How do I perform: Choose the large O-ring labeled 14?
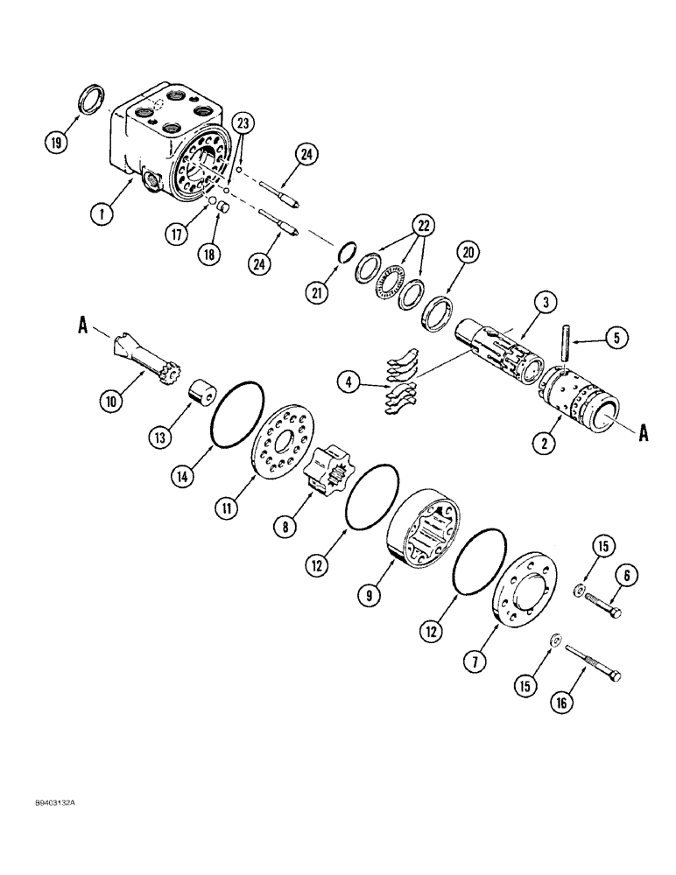(236, 414)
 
